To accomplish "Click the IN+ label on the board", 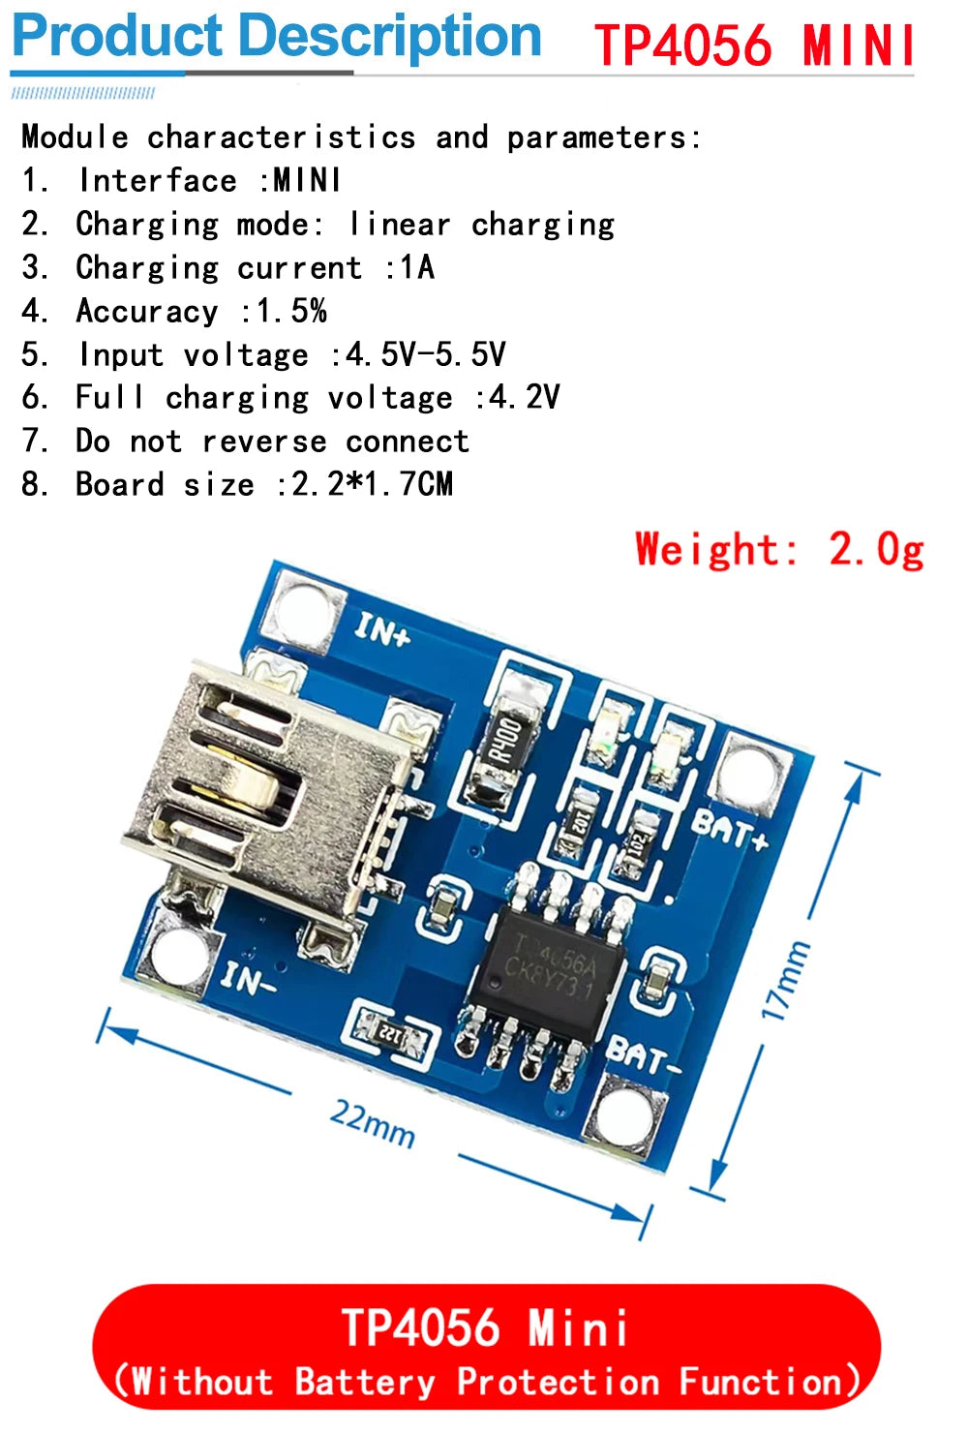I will point(382,631).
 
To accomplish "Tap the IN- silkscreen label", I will point(248,980).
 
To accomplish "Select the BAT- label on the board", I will point(643,1055).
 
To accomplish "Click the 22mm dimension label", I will point(373,1123).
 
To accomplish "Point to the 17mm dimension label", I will point(784,980).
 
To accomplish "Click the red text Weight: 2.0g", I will point(779,550).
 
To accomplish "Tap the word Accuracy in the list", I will point(147,311).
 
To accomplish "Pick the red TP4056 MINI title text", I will point(754,45).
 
